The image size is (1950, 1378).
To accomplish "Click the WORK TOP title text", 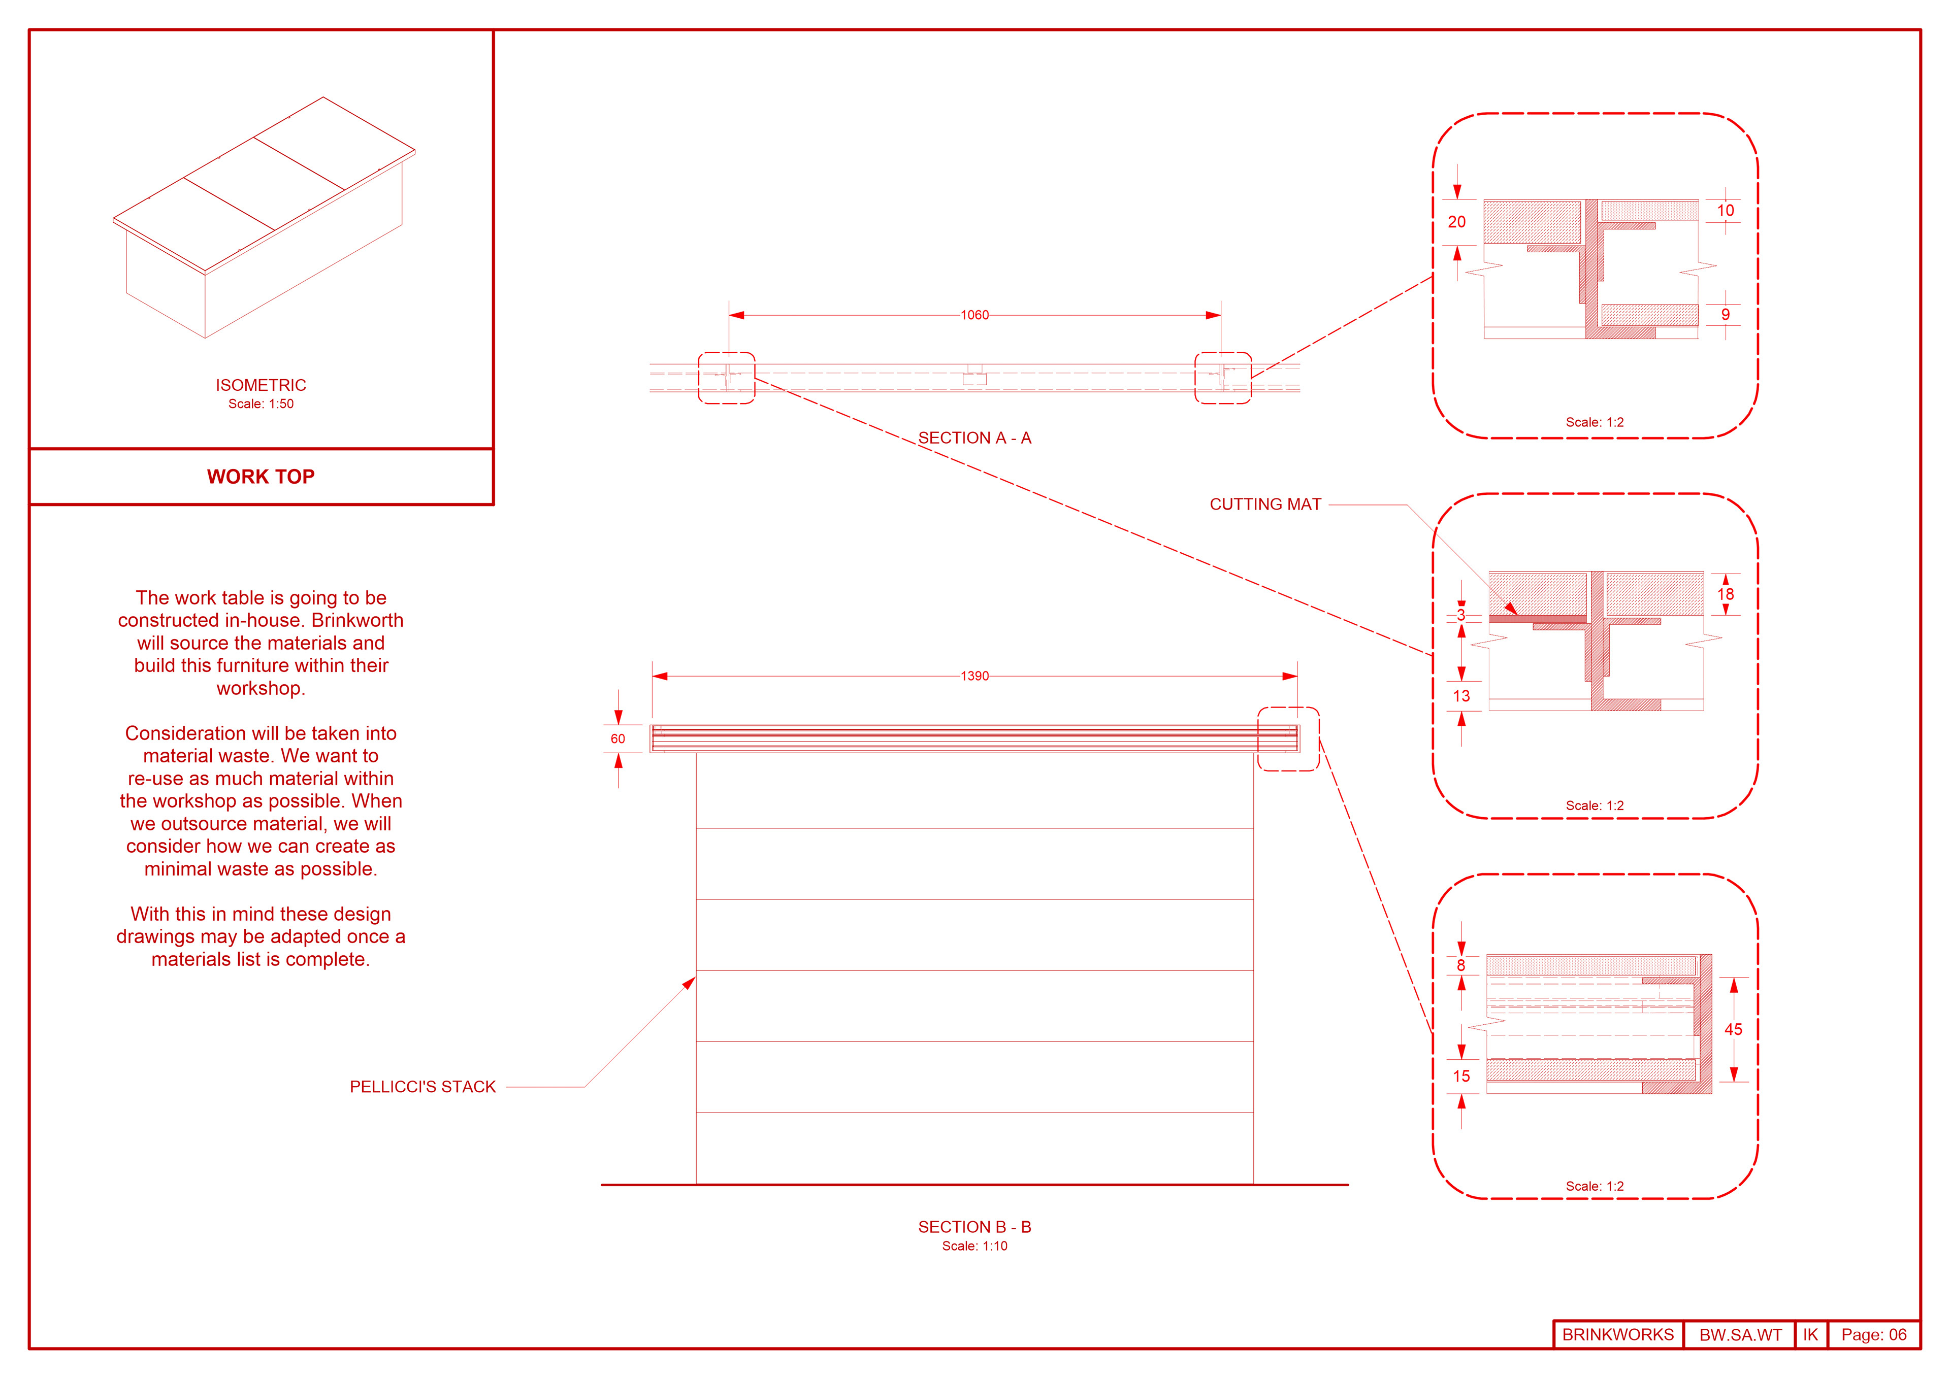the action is [261, 476].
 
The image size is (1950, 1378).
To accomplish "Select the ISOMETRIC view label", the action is [261, 385].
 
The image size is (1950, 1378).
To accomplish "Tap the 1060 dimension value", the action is [974, 315].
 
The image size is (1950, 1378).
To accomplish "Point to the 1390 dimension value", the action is [974, 676].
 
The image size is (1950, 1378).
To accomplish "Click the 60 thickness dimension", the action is [617, 738].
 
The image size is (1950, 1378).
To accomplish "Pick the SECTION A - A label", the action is [974, 438].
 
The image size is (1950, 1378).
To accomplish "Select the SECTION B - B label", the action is [974, 1227].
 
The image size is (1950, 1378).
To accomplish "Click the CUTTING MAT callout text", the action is [1264, 505].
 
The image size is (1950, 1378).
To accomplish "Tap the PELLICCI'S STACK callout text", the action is [422, 1087].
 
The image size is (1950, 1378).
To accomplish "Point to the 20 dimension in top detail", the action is [1456, 222].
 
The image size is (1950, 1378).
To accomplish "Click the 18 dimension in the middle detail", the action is [1725, 594].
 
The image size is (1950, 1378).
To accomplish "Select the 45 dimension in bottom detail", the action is [1733, 1029].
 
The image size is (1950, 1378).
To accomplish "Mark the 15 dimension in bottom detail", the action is [1461, 1075].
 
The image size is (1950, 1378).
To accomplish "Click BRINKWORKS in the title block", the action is [1618, 1335].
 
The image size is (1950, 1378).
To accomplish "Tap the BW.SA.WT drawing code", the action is [1740, 1335].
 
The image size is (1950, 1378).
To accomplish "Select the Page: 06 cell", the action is [1873, 1335].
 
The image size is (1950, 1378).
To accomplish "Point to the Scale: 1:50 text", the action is [261, 404].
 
